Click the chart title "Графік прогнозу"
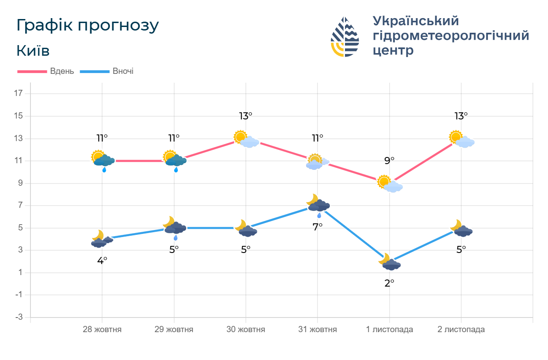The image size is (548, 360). pos(87,26)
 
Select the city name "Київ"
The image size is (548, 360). pos(33,51)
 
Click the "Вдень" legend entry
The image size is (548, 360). pos(46,71)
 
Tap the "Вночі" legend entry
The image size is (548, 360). pos(107,71)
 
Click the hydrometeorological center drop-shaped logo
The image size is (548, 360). pos(345,37)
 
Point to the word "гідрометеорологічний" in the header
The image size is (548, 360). pos(451,35)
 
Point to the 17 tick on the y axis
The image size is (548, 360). pos(19,94)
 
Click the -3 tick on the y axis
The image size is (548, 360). pos(19,317)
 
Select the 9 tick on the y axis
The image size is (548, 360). pos(19,183)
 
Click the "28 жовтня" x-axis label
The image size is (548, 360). pos(102,329)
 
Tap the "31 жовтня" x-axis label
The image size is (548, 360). pos(318,329)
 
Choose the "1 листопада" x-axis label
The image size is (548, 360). pos(389,329)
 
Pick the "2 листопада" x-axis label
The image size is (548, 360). pos(461,329)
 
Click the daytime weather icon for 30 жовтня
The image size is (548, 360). pos(246,139)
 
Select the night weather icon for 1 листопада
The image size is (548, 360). pos(389,262)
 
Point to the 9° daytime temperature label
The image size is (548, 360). pos(389,161)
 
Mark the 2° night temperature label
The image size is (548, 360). pos(389,283)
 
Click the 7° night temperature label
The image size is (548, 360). pos(318,226)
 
